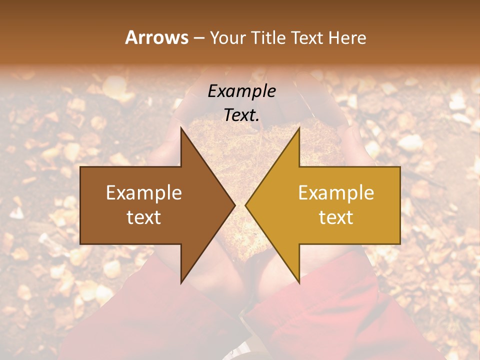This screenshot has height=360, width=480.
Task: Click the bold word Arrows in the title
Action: [156, 37]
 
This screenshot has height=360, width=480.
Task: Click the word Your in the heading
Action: [228, 37]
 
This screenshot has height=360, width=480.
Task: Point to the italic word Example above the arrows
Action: [241, 91]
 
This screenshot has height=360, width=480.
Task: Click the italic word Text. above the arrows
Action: [241, 115]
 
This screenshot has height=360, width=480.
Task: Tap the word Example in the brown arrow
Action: [144, 193]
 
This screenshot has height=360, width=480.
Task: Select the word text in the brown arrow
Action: [144, 217]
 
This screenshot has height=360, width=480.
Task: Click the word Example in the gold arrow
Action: [336, 193]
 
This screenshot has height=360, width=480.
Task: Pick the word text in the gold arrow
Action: [336, 217]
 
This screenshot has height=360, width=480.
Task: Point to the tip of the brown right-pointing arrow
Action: [235, 205]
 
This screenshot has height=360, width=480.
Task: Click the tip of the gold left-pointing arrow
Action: [245, 205]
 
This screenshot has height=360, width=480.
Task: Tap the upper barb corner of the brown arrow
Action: [181, 127]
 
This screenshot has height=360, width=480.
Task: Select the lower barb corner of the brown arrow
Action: [181, 283]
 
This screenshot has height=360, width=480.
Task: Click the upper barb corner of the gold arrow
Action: [299, 127]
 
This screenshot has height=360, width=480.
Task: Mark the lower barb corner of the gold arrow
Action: [299, 283]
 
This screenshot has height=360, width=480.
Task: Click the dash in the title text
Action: [198, 38]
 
